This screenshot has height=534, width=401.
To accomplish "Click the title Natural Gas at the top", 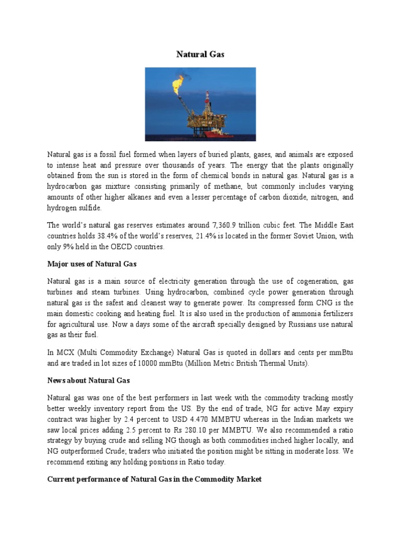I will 200,54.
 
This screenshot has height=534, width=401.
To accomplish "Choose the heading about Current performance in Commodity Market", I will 154,478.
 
